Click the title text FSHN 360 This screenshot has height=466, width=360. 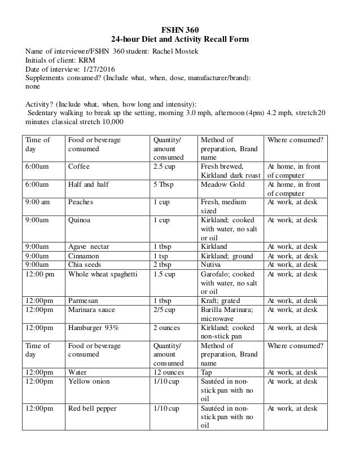(179, 29)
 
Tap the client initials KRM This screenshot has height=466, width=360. (75, 61)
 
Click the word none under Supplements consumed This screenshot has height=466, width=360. (34, 87)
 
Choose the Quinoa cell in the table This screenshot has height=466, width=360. (80, 219)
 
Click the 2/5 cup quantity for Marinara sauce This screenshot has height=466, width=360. (165, 309)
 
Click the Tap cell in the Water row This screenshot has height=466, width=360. (207, 372)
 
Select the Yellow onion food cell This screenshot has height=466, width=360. (90, 381)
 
